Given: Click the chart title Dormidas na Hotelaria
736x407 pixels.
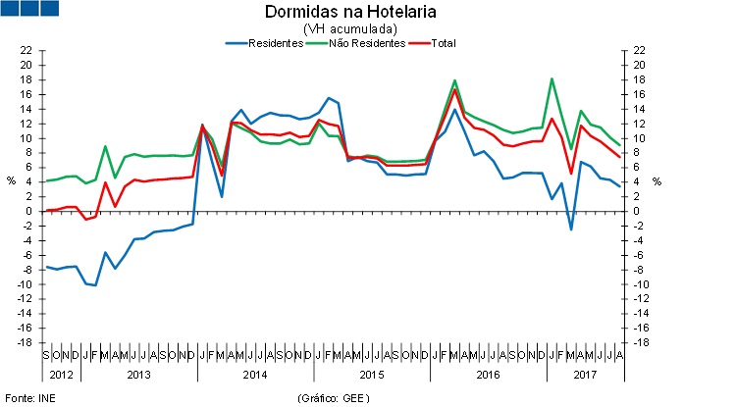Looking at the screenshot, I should (x=337, y=12).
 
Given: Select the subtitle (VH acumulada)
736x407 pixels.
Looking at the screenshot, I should (x=337, y=28).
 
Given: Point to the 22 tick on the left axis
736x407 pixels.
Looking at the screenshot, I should (x=27, y=50).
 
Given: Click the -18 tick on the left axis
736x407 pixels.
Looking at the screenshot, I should (x=26, y=342).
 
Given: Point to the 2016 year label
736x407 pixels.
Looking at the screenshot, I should (x=487, y=375).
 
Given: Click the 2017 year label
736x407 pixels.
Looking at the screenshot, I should (x=585, y=375).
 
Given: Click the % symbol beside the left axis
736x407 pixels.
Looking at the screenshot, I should (x=11, y=180).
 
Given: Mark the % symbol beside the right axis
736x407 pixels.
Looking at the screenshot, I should (x=657, y=180).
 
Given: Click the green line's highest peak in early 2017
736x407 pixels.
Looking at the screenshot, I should (x=552, y=78).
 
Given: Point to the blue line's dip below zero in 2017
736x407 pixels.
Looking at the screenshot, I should (x=571, y=229).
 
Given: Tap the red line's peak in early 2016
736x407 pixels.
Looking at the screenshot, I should (x=455, y=89).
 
